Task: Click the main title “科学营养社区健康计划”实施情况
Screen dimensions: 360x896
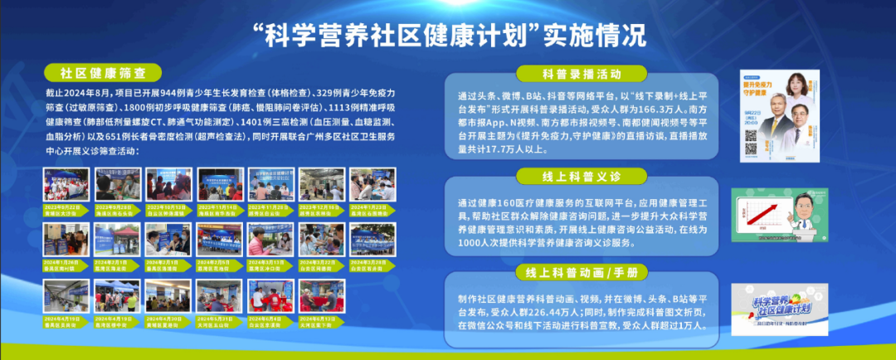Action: pyautogui.click(x=449, y=36)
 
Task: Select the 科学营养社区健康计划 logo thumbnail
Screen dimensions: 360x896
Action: pyautogui.click(x=778, y=309)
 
